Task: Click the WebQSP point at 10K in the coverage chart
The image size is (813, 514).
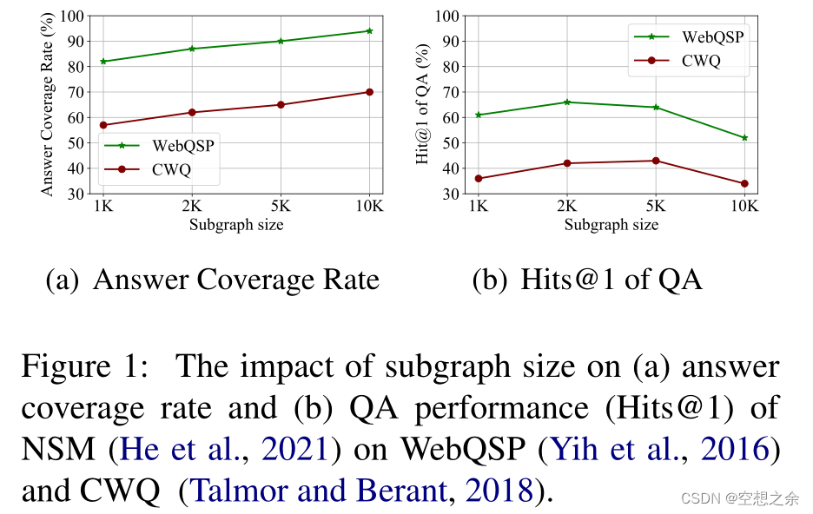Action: pos(369,30)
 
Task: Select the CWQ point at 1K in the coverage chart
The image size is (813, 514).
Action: pos(104,125)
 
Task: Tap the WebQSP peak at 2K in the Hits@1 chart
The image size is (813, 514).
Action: pos(567,102)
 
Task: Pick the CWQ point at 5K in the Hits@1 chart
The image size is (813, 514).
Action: pos(656,161)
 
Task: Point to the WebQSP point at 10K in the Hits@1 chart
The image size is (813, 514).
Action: pos(744,137)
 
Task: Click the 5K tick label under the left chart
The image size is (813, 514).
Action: pos(281,208)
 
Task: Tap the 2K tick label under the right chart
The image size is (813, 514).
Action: pos(567,208)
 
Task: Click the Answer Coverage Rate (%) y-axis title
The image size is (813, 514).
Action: pos(48,104)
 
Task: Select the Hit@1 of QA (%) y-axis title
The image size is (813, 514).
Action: pos(423,104)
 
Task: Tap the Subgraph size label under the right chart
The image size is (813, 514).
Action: pos(611,225)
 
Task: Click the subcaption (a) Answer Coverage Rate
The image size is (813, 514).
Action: pos(213,280)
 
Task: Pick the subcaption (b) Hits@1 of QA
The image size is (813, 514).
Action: pos(587,280)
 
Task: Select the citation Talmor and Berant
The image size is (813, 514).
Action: pos(318,491)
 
